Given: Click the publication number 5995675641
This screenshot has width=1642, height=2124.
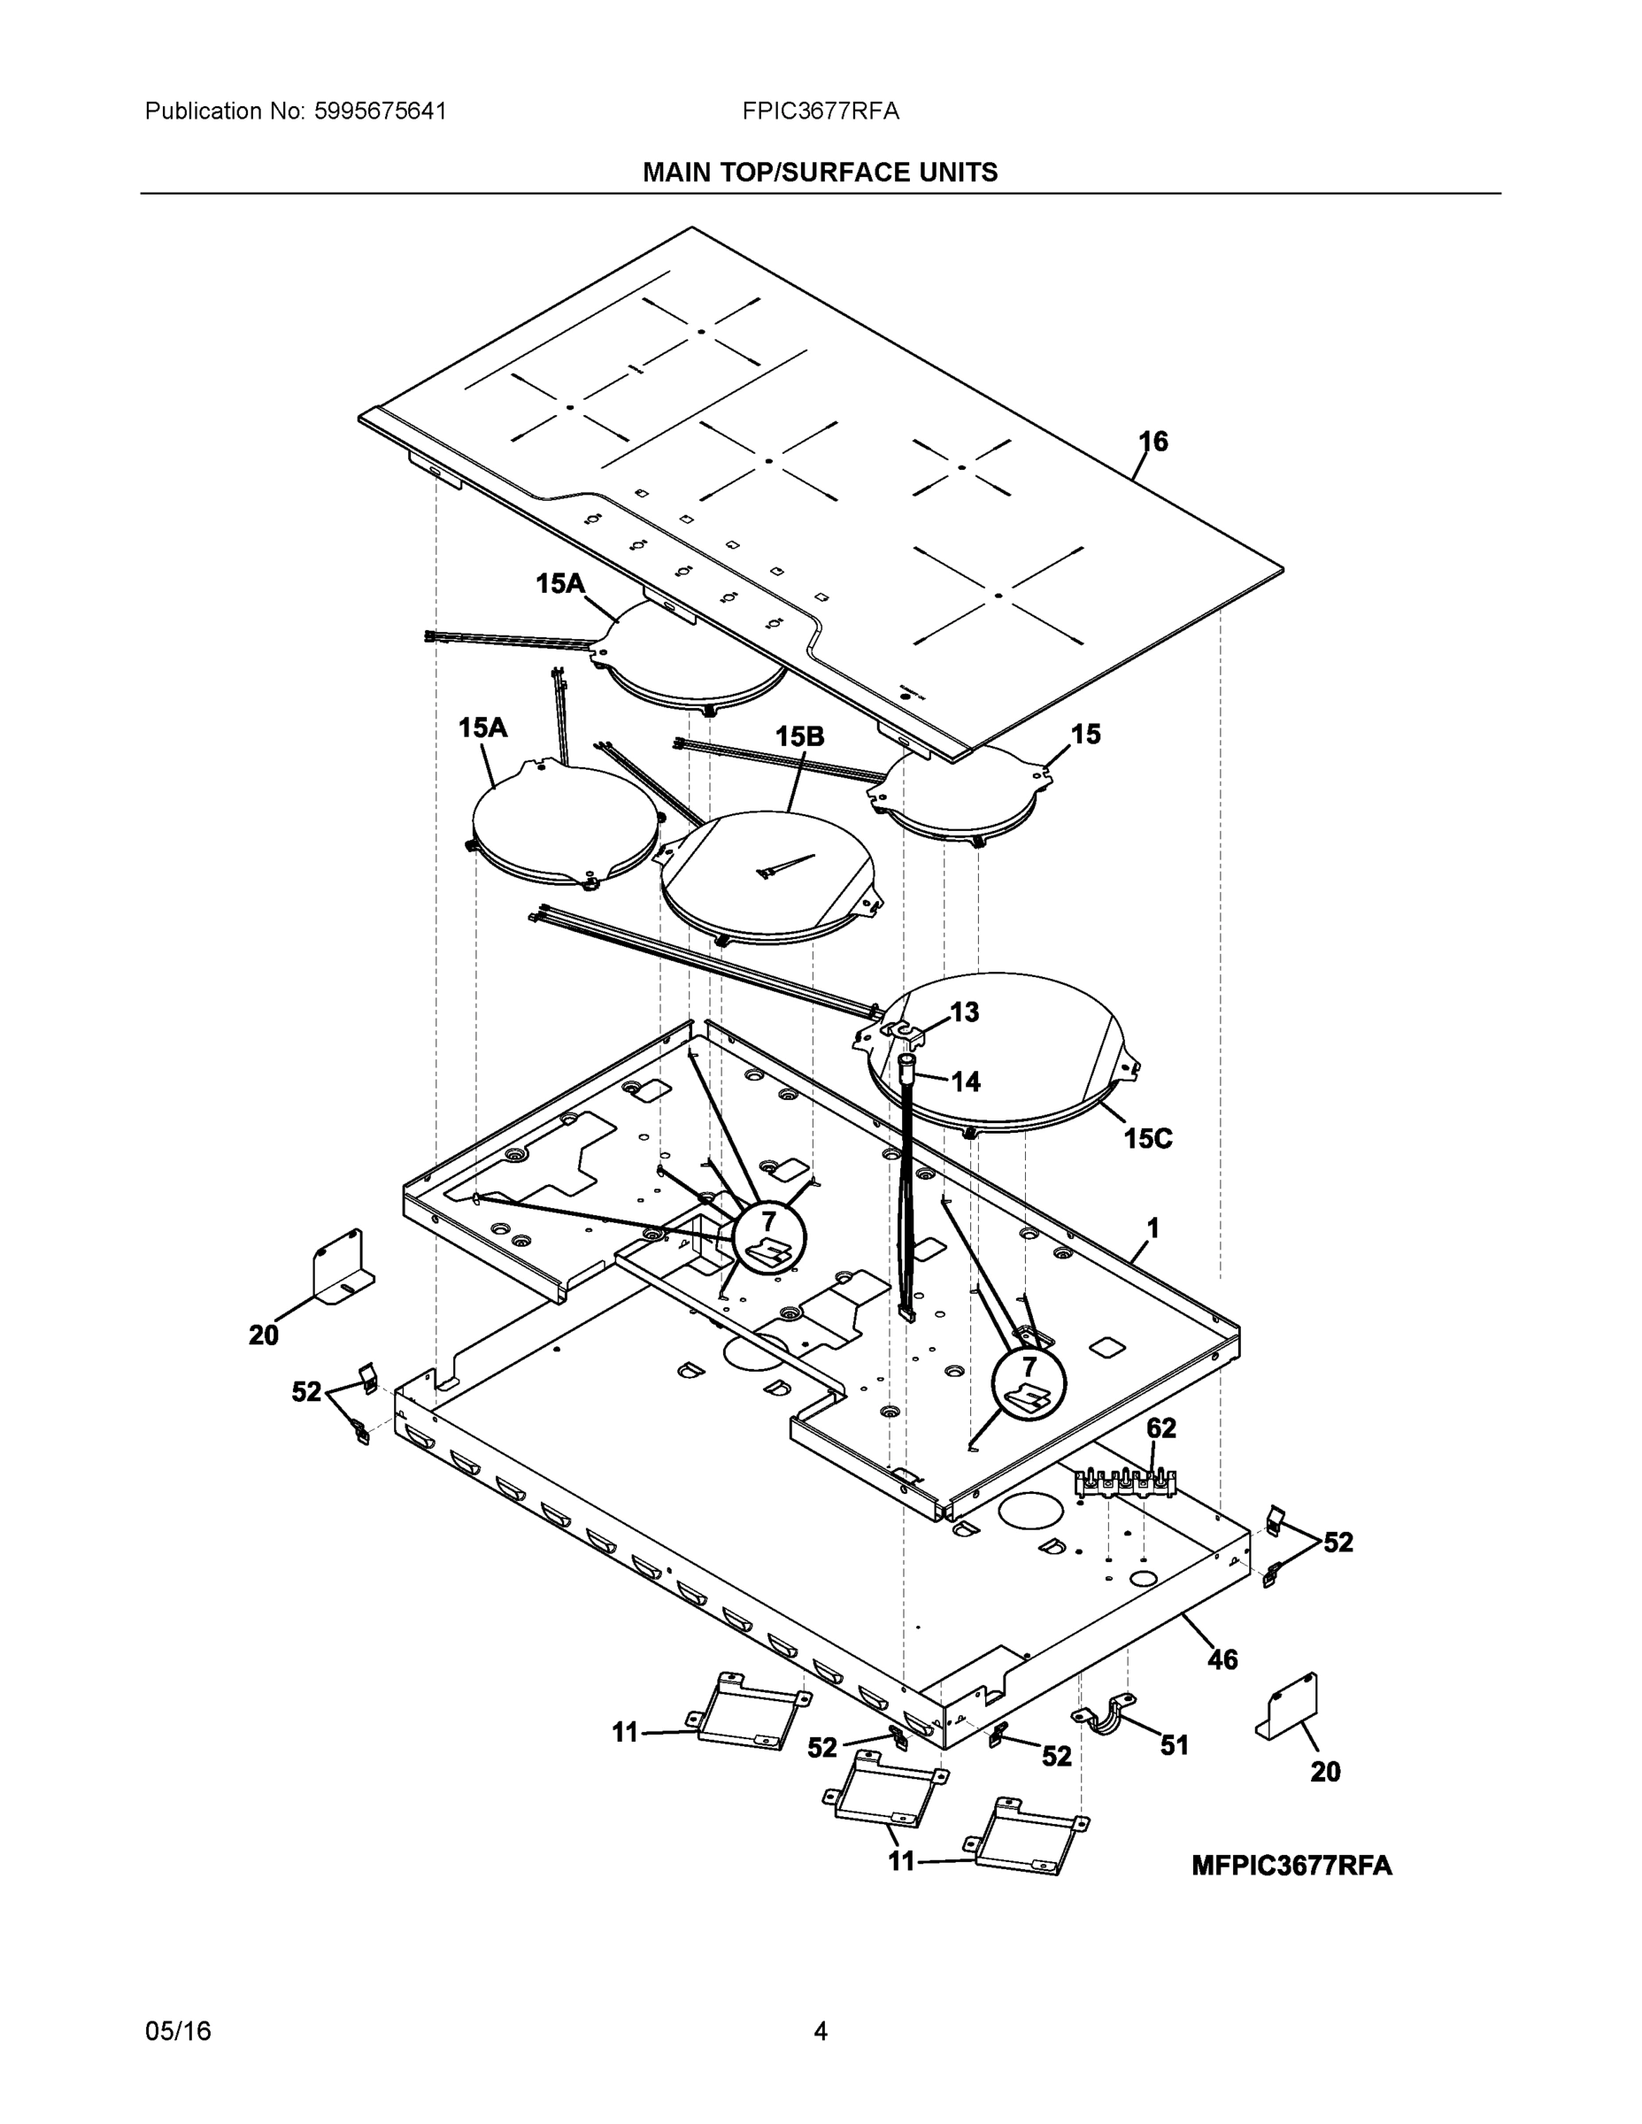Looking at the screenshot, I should (380, 111).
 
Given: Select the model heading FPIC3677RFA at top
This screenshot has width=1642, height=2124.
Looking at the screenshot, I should (820, 111).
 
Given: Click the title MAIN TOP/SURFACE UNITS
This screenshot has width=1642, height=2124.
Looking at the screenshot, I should (820, 173).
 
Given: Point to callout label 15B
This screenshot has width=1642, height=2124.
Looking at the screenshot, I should (799, 736).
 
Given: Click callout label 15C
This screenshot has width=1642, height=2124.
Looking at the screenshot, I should (1148, 1138).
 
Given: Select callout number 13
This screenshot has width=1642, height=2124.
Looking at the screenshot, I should (964, 1012).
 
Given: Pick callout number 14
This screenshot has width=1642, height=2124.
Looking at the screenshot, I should (965, 1081).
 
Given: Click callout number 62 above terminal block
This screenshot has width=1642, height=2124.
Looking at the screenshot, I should (1160, 1428).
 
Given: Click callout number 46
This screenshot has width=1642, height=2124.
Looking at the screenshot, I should (1222, 1659).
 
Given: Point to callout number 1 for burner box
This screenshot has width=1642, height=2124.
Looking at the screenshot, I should (1152, 1229).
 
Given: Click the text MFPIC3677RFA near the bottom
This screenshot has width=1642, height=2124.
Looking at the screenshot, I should (1291, 1866).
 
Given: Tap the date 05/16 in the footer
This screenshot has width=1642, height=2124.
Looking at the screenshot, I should (178, 2031).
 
